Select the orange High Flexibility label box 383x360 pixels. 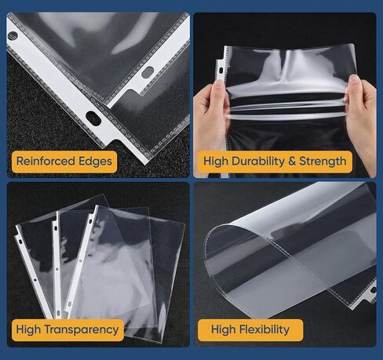coord(246,329)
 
